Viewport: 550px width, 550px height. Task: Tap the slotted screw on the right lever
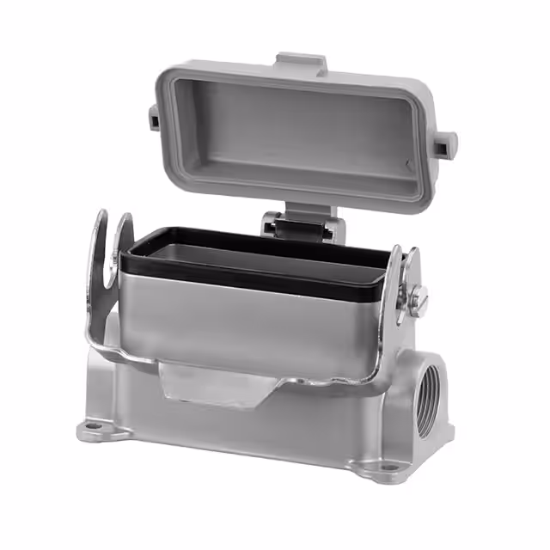click(x=419, y=298)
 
